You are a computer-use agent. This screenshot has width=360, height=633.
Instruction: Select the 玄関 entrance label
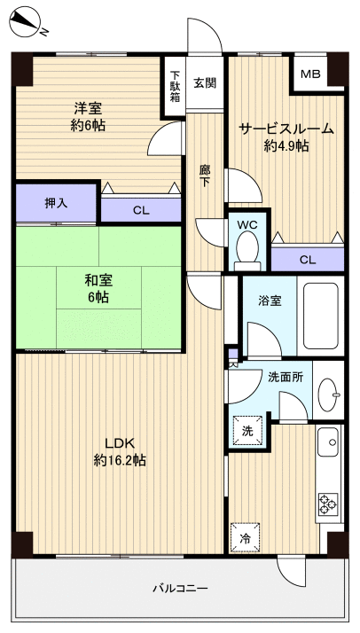pos(205,82)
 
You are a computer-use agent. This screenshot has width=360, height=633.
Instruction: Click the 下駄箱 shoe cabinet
pos(175,87)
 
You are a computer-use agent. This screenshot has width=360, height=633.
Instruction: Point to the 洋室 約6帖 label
pos(88,116)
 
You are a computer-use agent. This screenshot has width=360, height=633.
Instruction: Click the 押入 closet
pos(57,203)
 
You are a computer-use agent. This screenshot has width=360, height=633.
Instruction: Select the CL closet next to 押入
pos(140,210)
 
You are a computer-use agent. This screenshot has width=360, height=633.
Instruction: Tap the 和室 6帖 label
pos(98,289)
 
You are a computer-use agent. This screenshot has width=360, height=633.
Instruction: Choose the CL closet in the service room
pos(307,259)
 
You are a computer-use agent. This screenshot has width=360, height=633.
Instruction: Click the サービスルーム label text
pos(286,129)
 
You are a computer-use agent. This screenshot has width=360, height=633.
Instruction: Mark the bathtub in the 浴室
pos(319,316)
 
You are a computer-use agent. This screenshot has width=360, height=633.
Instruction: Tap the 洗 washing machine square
pos(247,430)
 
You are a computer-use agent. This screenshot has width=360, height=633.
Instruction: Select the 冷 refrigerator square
pos(245,537)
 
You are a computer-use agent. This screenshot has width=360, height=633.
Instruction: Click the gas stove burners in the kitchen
pos(327,503)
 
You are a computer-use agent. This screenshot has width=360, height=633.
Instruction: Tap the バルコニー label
pos(180,588)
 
